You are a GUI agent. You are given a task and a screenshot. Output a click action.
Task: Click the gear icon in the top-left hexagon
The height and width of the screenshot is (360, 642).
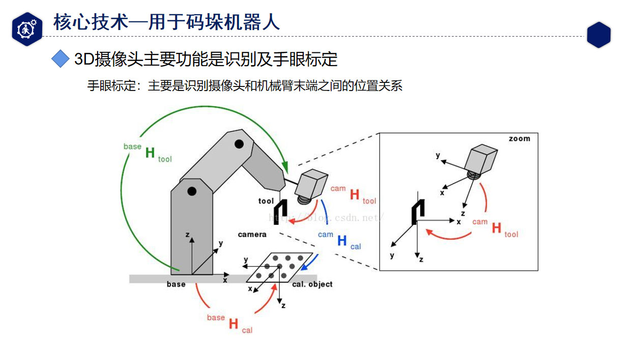point(26,29)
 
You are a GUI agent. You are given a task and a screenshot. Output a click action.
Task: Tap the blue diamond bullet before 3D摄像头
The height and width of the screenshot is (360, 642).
point(61,59)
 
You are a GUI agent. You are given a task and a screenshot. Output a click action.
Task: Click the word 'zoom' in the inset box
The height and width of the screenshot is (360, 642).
point(519,139)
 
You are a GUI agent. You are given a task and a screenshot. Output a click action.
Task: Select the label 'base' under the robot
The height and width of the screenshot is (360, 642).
point(176,284)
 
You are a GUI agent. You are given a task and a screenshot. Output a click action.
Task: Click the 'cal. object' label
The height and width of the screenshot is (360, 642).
point(312,284)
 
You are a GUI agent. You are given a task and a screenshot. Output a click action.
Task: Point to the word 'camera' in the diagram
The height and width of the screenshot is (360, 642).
point(252,234)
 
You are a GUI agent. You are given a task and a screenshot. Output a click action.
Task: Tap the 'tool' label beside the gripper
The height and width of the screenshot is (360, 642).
point(266,201)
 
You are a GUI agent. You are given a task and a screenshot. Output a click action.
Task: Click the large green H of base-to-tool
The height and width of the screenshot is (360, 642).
point(150,153)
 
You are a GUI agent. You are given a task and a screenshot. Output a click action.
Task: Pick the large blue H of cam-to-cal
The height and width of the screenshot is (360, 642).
point(342,241)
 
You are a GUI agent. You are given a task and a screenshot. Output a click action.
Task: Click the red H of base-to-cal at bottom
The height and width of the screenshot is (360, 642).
point(234,324)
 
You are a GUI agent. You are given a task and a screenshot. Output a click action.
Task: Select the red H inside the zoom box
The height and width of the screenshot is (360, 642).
point(497,228)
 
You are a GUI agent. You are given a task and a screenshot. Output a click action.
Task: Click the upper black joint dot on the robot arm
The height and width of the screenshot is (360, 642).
point(238,144)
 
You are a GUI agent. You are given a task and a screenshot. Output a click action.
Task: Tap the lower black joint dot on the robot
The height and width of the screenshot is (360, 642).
point(192,191)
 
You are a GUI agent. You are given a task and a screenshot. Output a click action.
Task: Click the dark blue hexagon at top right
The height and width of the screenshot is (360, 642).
point(598,35)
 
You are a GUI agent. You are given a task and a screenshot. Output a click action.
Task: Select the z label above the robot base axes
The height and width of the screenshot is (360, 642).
point(188,235)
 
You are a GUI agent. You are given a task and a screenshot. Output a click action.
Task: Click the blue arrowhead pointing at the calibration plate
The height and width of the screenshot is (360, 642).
point(304,267)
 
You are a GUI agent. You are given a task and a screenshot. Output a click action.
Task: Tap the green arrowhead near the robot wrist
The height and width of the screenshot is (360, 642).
point(284,168)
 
